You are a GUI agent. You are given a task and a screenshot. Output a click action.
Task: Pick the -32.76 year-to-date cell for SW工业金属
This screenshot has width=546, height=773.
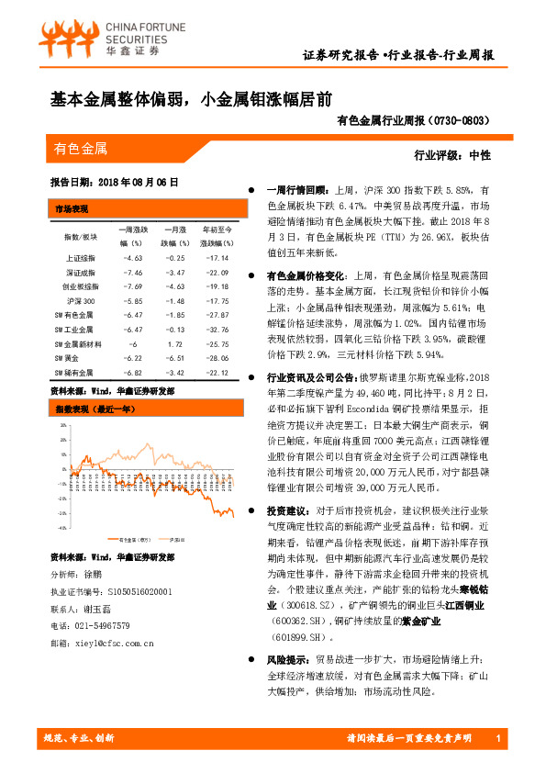pyautogui.click(x=217, y=328)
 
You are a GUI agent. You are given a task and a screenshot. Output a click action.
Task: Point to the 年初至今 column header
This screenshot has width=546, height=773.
pyautogui.click(x=217, y=228)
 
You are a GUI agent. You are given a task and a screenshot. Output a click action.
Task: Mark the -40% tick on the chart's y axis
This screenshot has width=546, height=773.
pyautogui.click(x=62, y=528)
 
